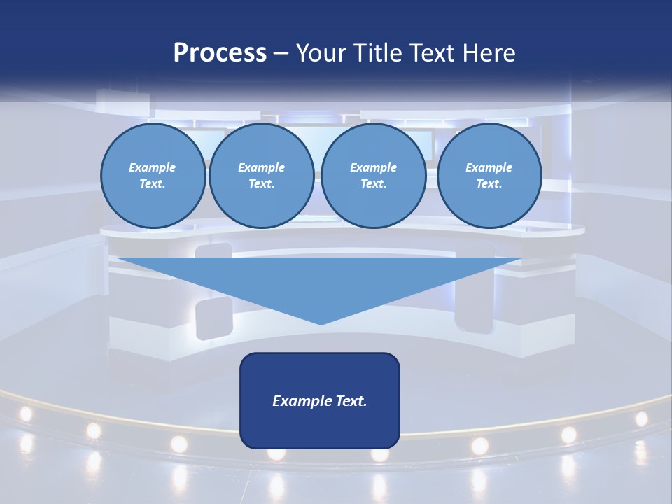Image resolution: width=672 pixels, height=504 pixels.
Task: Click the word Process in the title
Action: click(x=220, y=52)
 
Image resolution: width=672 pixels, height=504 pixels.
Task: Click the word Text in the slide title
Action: click(x=433, y=52)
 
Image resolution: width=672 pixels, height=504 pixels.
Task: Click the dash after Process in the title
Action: click(x=281, y=53)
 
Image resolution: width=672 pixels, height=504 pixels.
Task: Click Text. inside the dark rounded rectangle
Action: click(x=351, y=401)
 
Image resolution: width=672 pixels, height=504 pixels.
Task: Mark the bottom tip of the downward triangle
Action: click(x=321, y=324)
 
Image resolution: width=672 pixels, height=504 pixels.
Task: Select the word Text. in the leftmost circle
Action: click(x=153, y=184)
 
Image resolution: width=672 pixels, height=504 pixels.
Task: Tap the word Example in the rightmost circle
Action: click(x=489, y=167)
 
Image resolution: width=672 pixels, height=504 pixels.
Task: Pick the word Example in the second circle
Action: click(x=262, y=167)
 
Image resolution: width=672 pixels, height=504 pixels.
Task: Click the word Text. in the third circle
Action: click(x=373, y=184)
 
